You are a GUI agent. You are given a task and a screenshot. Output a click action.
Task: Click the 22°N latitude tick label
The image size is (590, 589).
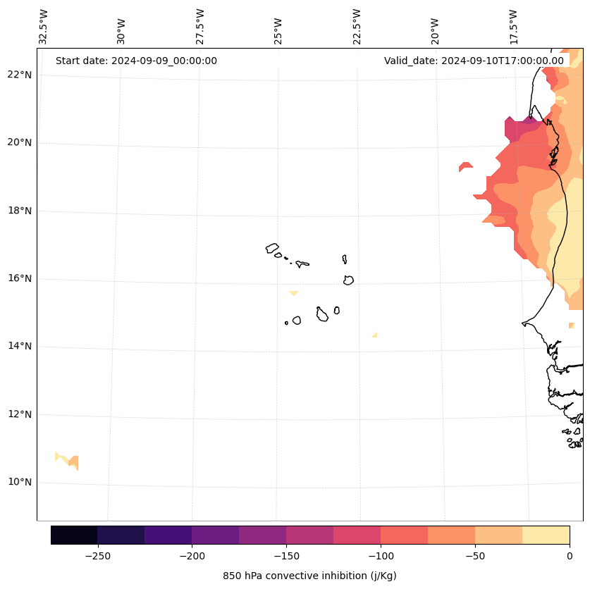click(x=20, y=75)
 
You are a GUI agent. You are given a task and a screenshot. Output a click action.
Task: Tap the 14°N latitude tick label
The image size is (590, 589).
click(x=20, y=346)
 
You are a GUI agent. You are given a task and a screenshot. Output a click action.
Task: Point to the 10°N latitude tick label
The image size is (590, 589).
click(x=20, y=482)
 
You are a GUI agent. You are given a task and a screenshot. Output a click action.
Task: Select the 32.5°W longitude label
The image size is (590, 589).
click(x=44, y=27)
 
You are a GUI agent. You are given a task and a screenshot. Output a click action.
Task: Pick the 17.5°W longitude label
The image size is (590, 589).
click(x=513, y=27)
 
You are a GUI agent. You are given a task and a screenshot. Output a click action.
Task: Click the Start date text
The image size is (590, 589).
click(x=136, y=61)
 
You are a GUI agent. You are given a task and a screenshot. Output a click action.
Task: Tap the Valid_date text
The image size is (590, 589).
click(x=474, y=61)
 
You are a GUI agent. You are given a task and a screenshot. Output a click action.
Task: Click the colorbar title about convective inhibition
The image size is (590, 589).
click(x=309, y=576)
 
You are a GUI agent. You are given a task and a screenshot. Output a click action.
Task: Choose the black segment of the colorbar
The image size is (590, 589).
click(x=74, y=535)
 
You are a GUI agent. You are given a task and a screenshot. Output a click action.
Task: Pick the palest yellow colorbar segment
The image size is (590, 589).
click(x=546, y=535)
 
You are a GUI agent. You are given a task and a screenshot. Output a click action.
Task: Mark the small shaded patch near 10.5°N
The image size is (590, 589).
click(x=68, y=460)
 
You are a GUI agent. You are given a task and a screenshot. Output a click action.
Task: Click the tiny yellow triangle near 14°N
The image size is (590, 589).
click(x=375, y=335)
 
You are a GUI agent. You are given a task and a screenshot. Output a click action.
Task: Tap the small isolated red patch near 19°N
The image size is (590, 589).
click(x=465, y=166)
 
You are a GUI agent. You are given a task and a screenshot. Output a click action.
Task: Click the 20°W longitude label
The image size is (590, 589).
click(x=435, y=29)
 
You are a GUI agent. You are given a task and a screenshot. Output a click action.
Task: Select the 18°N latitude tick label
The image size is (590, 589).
click(x=20, y=211)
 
